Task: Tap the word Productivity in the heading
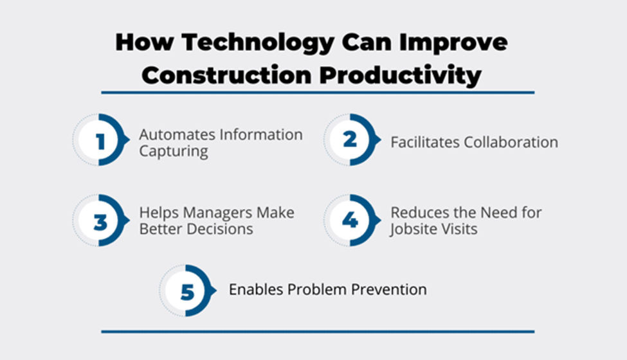pyautogui.click(x=400, y=76)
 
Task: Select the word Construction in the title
pyautogui.click(x=226, y=75)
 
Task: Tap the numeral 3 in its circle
pyautogui.click(x=100, y=222)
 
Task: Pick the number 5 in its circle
pyautogui.click(x=187, y=292)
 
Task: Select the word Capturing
pyautogui.click(x=174, y=152)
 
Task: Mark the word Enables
pyautogui.click(x=256, y=289)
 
